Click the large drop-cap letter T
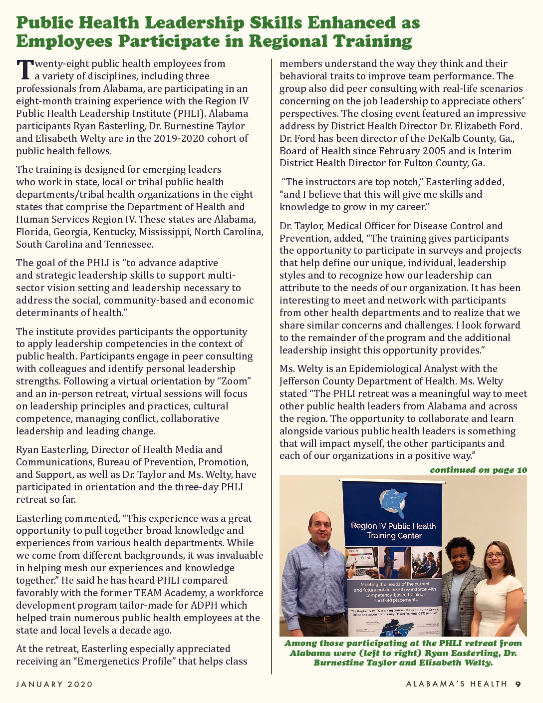(x=25, y=69)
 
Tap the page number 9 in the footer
(x=518, y=684)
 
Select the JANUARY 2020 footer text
(x=54, y=684)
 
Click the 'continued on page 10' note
(x=478, y=470)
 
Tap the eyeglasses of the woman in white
(x=494, y=555)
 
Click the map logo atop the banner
(x=393, y=502)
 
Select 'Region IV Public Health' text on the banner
(x=393, y=526)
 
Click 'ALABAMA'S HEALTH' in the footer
(x=456, y=684)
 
